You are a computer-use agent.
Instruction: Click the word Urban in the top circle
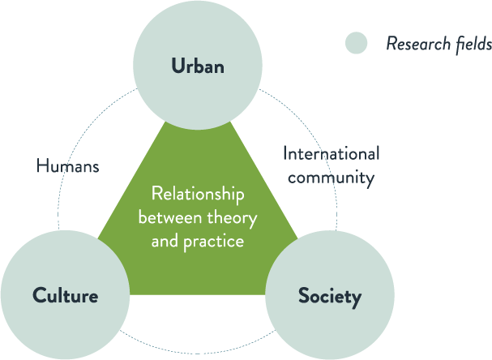pos(197,66)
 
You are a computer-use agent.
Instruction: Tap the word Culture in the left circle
pos(65,295)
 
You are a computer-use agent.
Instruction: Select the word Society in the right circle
pos(329,296)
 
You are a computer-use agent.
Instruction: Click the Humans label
pos(67,167)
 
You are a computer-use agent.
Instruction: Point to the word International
pos(330,153)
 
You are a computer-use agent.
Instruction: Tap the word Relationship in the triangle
pos(198,195)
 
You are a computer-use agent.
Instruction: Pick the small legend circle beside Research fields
pos(356,43)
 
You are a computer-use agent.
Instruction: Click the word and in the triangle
pos(163,241)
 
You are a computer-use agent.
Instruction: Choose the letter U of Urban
pos(177,66)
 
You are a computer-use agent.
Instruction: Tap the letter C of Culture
pos(38,295)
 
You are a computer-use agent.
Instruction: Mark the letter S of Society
pos(303,296)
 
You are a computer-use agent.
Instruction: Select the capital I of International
pos(285,153)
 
